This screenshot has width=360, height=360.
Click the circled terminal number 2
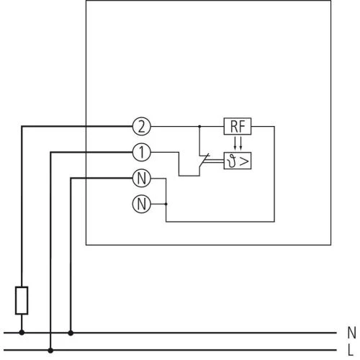(141, 127)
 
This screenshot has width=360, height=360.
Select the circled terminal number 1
(141, 152)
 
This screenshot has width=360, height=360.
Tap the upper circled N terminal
(141, 177)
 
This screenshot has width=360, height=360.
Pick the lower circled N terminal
(141, 204)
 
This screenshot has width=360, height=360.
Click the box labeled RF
(237, 127)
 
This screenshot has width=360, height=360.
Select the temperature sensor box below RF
(237, 160)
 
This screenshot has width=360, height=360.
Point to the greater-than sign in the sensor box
(244, 160)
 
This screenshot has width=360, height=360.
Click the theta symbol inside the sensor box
(232, 160)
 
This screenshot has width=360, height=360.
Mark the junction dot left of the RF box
(199, 127)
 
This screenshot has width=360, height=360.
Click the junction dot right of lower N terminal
(166, 204)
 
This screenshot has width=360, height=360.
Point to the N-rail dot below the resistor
(22, 333)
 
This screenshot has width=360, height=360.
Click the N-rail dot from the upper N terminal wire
(71, 333)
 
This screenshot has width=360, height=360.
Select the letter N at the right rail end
(351, 333)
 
